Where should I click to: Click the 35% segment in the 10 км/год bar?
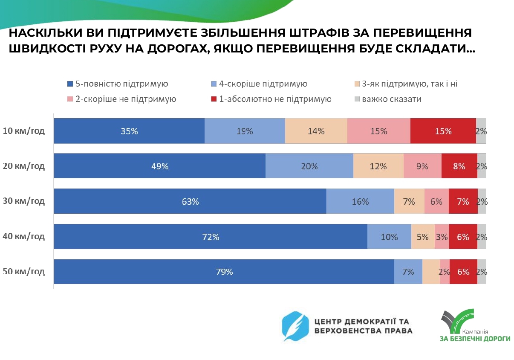tap(129, 131)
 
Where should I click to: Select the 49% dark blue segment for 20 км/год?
tap(160, 166)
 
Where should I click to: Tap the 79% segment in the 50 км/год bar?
tap(224, 271)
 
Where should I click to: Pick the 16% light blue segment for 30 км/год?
tap(360, 201)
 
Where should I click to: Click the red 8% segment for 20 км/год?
tap(459, 166)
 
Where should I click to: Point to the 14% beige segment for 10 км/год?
tap(316, 131)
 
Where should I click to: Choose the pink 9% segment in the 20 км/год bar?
tap(422, 166)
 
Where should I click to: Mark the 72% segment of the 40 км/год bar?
tap(211, 236)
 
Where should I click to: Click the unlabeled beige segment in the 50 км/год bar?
tap(431, 271)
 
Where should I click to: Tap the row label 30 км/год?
tap(24, 201)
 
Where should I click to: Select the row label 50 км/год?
tap(24, 272)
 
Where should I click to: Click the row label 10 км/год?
tap(24, 131)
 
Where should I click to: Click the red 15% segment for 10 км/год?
tap(443, 131)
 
